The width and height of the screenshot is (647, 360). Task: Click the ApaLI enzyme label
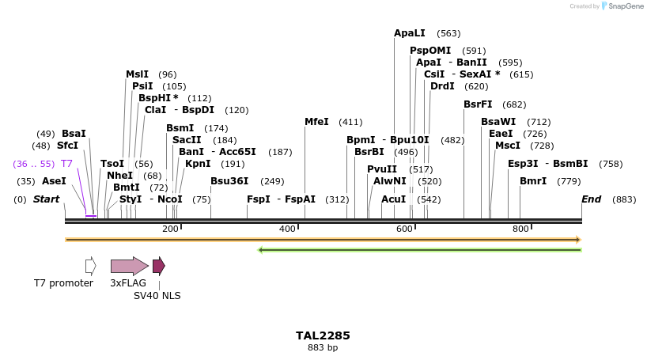point(410,33)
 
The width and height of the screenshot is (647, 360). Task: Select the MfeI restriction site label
point(316,122)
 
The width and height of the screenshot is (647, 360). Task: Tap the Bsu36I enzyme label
point(229,181)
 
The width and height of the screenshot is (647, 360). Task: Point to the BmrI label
point(533,181)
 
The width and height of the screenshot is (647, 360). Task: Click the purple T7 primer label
point(67,164)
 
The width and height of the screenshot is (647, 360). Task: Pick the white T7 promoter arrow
point(91,266)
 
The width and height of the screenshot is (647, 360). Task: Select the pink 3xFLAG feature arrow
point(129,266)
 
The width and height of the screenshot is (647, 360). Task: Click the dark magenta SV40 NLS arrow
point(159,266)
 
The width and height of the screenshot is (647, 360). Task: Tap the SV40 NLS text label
point(157,296)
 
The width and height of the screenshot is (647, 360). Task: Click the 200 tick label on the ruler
point(170,229)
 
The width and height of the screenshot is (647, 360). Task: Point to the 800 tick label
point(520,229)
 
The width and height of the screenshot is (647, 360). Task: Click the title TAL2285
point(323,335)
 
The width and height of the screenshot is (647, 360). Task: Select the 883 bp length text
point(323,347)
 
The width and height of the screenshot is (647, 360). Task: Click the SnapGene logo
point(622,6)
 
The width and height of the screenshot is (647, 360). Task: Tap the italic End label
point(592,199)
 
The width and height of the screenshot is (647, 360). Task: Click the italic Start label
point(46,199)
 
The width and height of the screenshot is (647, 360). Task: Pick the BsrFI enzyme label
point(478,104)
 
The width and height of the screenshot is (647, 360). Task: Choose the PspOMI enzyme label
point(430,51)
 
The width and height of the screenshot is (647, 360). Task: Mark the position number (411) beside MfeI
point(350,122)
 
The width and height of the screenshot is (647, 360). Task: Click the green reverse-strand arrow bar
point(420,250)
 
